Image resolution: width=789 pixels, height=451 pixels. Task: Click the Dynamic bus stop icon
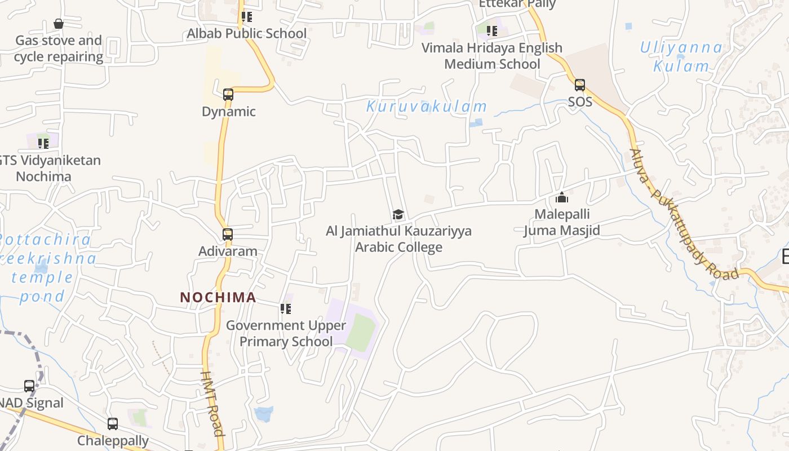pos(228,95)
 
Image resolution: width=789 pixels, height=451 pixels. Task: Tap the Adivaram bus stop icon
pos(228,235)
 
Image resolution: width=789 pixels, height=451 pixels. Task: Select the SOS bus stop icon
pos(580,86)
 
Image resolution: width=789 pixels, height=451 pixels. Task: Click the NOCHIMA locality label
pos(218,297)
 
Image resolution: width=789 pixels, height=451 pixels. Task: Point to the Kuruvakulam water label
pos(427,106)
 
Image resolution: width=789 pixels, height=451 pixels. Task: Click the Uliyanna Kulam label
pos(681,57)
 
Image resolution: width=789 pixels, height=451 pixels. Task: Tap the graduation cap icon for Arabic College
pos(398,214)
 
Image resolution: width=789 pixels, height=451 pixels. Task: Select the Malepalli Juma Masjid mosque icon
pos(562,198)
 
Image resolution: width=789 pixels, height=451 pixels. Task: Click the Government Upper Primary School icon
pos(286,309)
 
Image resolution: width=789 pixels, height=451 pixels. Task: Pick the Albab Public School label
pos(247,34)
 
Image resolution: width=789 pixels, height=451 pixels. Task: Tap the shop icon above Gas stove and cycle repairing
pos(59,24)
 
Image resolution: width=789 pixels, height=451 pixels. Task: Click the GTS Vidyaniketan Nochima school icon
pos(43,143)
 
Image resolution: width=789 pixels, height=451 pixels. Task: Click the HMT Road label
pos(212,403)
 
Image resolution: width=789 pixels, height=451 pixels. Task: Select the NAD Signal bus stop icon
pos(29,386)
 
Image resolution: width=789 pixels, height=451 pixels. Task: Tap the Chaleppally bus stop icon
pos(113,424)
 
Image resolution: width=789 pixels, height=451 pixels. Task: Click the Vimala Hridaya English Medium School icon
pos(492,31)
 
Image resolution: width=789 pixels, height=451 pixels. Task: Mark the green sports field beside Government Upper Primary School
pos(361,333)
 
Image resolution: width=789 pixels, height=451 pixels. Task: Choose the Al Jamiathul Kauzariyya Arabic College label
pos(398,239)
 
